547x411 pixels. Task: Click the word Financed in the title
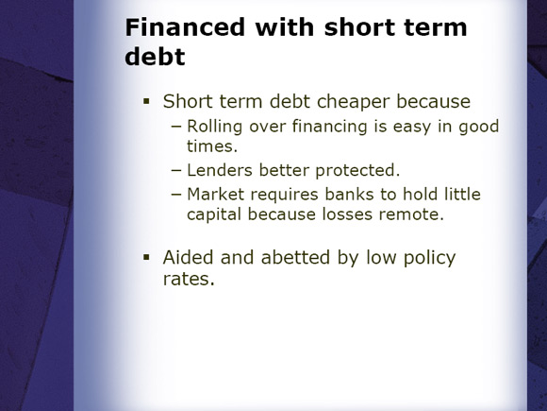click(x=185, y=27)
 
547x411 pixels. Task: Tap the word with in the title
click(x=284, y=27)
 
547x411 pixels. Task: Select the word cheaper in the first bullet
click(x=353, y=102)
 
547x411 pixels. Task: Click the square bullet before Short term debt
click(x=146, y=102)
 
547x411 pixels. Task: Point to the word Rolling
click(x=214, y=127)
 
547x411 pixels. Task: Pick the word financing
click(x=330, y=127)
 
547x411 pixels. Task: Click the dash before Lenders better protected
click(x=176, y=171)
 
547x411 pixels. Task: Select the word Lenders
click(x=220, y=170)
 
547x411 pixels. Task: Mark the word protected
click(x=357, y=171)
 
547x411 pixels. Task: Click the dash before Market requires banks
click(x=176, y=195)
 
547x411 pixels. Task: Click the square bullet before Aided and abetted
click(x=146, y=258)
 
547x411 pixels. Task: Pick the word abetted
click(x=295, y=258)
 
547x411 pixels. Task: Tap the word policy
click(x=429, y=258)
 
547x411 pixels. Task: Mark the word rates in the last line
click(x=189, y=279)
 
